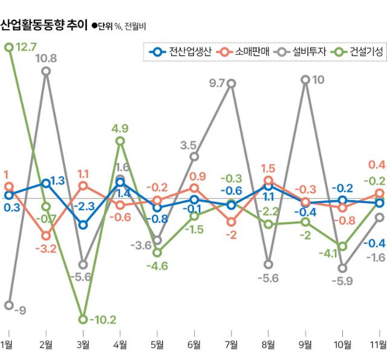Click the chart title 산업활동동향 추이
coord(44,25)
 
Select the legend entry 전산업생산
coord(181,52)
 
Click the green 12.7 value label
coord(28,47)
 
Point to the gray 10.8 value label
coord(47,59)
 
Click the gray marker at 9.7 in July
coord(232,83)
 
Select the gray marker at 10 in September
coord(305,80)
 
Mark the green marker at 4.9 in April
coord(120,141)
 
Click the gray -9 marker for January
coord(8,305)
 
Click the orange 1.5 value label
coord(268,168)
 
